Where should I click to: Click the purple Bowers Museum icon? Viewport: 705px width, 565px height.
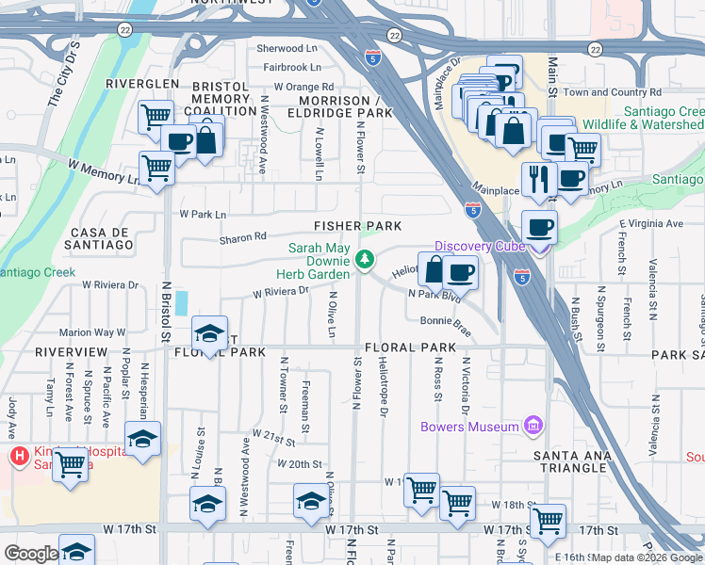pos(534,427)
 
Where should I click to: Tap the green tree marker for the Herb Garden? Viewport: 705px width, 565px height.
pos(365,258)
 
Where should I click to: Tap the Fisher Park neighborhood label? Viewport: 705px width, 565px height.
pos(357,226)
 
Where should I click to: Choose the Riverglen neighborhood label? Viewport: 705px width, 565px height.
pos(142,84)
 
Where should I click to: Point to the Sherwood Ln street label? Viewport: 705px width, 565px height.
pos(289,49)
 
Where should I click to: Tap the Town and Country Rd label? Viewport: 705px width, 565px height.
pos(612,92)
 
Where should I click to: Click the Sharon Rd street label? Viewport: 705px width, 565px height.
pos(243,238)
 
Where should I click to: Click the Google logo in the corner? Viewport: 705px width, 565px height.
pos(31,554)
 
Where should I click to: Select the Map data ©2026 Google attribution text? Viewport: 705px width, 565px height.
pos(647,557)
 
